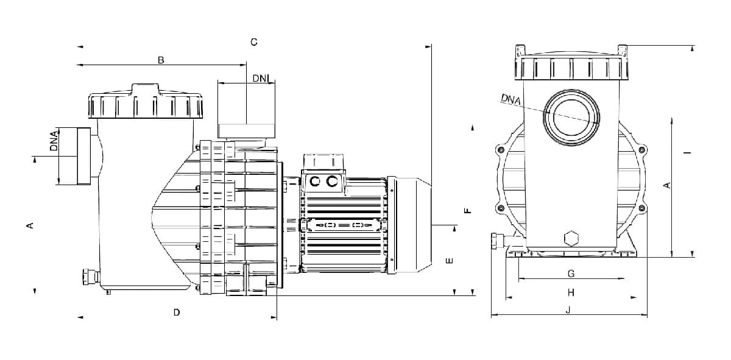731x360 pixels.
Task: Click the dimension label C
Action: click(254, 42)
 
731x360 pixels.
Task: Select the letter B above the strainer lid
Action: click(161, 60)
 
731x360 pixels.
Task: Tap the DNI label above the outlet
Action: click(261, 79)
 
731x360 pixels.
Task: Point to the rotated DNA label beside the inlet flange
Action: click(54, 141)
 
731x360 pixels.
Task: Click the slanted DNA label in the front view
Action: click(511, 99)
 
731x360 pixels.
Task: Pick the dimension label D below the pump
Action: click(177, 312)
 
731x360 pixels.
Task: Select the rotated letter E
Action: click(450, 261)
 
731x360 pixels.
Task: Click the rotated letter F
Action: click(468, 211)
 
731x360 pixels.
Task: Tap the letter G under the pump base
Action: click(571, 274)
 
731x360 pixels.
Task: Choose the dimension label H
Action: click(571, 292)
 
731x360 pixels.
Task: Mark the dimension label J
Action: click(568, 309)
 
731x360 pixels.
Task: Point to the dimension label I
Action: click(688, 152)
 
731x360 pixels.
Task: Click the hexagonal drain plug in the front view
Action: click(571, 239)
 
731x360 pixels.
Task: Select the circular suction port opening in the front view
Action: click(571, 118)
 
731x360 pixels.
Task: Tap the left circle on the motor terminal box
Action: click(314, 181)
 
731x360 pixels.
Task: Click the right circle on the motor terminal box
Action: click(332, 181)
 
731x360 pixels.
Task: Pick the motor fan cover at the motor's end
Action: click(409, 225)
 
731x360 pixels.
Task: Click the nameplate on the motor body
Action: click(344, 225)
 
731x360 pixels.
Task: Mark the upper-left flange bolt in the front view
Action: click(500, 150)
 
